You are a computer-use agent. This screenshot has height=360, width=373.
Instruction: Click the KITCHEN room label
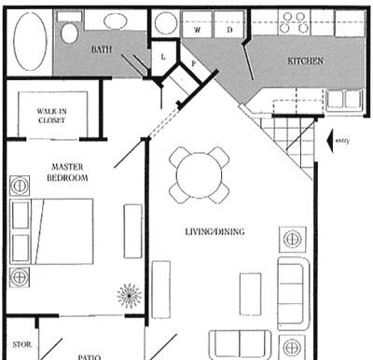tap(305, 61)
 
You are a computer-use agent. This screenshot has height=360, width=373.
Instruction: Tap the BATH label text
tap(102, 49)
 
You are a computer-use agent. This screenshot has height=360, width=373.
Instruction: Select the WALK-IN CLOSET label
tap(52, 116)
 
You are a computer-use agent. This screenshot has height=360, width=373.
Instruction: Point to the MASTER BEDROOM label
tap(67, 173)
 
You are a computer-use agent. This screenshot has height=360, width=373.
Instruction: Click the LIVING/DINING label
tap(214, 231)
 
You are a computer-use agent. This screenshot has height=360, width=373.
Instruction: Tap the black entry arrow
tap(330, 141)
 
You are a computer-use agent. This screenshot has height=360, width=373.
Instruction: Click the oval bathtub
tap(30, 41)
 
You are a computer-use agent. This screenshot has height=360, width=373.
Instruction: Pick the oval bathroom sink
tap(115, 21)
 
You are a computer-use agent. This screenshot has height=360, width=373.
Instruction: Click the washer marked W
tap(197, 24)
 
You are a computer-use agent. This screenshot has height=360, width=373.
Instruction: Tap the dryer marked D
tap(229, 24)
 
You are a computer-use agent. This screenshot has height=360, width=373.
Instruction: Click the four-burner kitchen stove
tap(295, 23)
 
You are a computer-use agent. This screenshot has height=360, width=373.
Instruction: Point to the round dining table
tap(200, 175)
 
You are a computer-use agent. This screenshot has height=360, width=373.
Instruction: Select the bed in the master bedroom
tap(51, 231)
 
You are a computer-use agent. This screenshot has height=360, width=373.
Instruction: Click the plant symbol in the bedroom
tap(130, 296)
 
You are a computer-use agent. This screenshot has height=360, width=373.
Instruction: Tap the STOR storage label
tap(22, 344)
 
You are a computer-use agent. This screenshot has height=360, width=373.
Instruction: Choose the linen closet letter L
tap(163, 57)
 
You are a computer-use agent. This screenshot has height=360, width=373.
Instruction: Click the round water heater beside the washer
tap(166, 23)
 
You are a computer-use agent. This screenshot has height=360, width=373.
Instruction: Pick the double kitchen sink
tap(345, 99)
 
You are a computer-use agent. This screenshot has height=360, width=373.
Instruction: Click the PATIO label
tap(90, 357)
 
